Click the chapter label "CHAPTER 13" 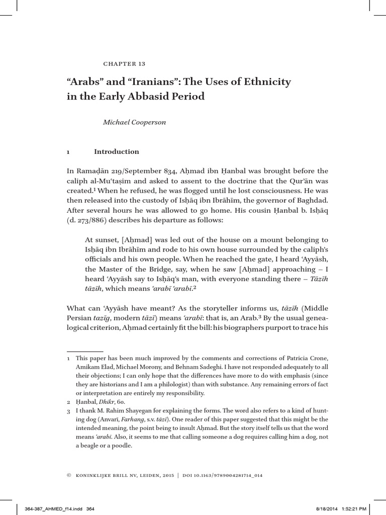pos(124,64)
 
